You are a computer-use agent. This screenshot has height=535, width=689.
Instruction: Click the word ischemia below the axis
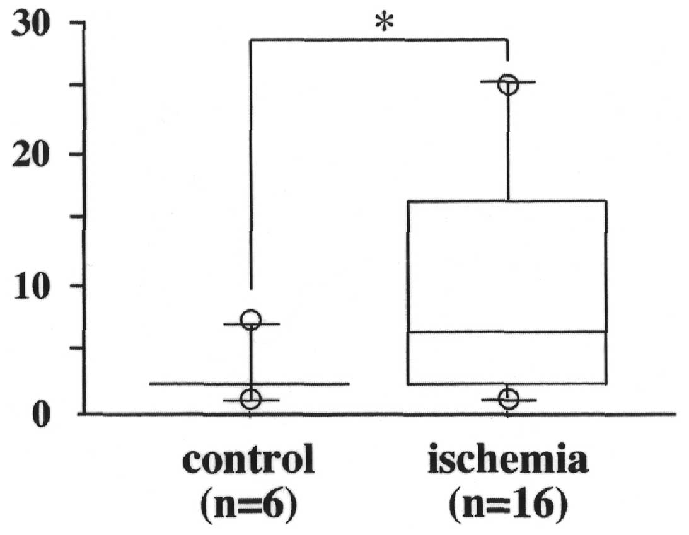(x=508, y=463)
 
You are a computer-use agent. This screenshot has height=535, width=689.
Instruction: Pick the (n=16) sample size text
(x=508, y=505)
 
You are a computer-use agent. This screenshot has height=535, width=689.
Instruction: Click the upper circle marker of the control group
(x=251, y=319)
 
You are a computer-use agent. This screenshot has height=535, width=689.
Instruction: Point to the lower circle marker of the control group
(x=251, y=399)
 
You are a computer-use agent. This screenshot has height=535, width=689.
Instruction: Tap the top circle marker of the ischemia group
(x=508, y=84)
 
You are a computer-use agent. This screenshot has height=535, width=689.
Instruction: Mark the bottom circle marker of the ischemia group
(x=508, y=399)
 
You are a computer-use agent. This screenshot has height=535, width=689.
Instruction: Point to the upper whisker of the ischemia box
(x=508, y=145)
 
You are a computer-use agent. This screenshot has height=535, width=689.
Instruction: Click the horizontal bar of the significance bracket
(x=378, y=40)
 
